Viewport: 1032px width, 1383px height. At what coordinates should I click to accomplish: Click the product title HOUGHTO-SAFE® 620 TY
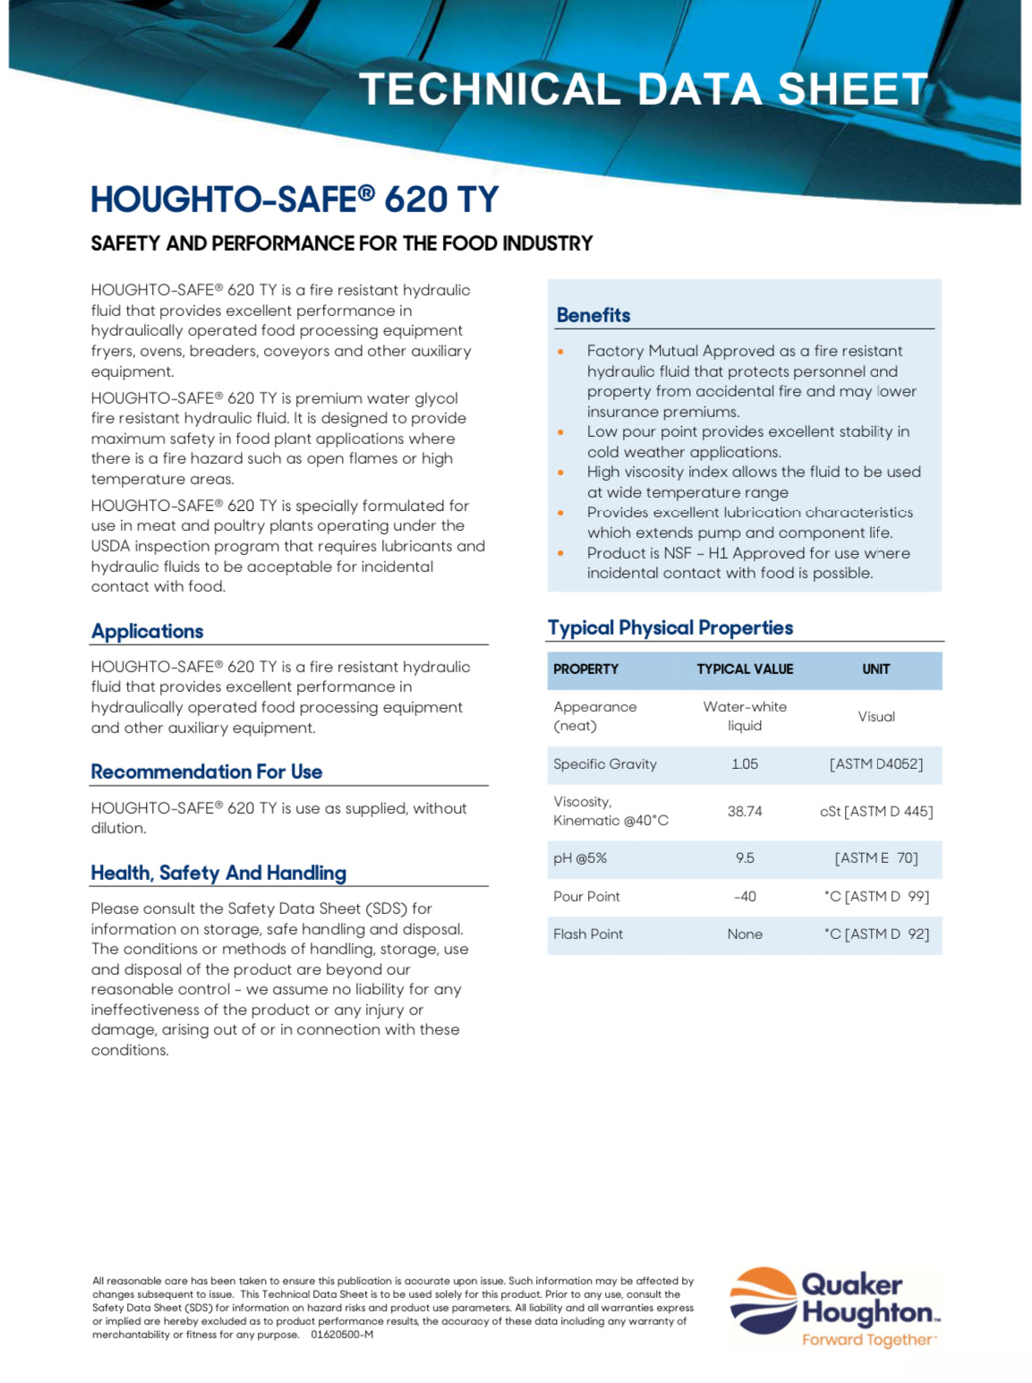294,199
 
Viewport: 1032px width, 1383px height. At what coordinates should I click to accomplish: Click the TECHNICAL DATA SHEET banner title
643,90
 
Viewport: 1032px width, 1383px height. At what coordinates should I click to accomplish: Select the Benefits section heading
593,315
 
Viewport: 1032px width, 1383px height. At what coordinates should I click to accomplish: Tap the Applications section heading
148,631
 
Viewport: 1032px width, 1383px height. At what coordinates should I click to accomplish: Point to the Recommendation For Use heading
207,772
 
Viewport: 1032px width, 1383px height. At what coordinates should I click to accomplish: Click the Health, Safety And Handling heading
218,873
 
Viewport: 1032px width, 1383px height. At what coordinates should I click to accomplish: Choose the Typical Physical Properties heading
670,627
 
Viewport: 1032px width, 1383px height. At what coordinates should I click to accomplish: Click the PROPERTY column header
586,670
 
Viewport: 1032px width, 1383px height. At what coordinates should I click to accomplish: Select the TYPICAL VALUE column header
745,670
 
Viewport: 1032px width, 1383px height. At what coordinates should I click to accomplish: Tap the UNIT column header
875,670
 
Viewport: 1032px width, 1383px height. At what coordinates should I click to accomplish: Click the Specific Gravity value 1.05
745,764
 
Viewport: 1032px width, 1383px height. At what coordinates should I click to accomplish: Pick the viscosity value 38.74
745,811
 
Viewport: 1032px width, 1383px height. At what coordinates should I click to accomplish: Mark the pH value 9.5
745,858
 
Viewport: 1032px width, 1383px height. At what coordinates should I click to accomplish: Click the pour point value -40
745,896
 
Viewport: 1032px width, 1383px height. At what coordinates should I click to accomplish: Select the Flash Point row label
588,935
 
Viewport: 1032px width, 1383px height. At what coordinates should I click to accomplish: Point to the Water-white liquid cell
745,716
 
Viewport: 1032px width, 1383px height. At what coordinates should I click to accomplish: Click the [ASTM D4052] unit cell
875,764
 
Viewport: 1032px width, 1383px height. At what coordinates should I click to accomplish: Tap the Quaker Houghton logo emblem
763,1301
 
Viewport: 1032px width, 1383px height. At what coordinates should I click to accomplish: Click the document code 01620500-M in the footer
342,1335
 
